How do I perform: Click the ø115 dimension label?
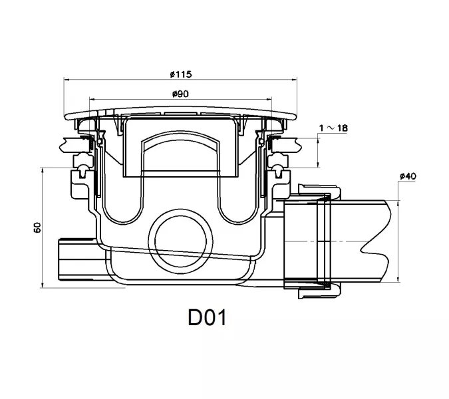[x=180, y=74]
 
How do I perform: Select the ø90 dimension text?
[x=180, y=94]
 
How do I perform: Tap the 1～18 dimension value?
[x=334, y=128]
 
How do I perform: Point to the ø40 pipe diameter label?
[x=408, y=176]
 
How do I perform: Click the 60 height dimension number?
[x=37, y=227]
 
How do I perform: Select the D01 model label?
[x=207, y=317]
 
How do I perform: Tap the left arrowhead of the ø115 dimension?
[x=66, y=80]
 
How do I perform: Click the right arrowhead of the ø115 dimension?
[x=294, y=80]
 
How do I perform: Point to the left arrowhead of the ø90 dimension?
[x=92, y=99]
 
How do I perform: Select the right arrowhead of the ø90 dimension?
[x=269, y=99]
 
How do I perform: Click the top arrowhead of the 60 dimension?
[x=43, y=171]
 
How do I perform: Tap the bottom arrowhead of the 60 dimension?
[x=43, y=285]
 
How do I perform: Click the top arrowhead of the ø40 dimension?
[x=398, y=203]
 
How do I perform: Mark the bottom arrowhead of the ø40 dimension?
[x=398, y=279]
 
